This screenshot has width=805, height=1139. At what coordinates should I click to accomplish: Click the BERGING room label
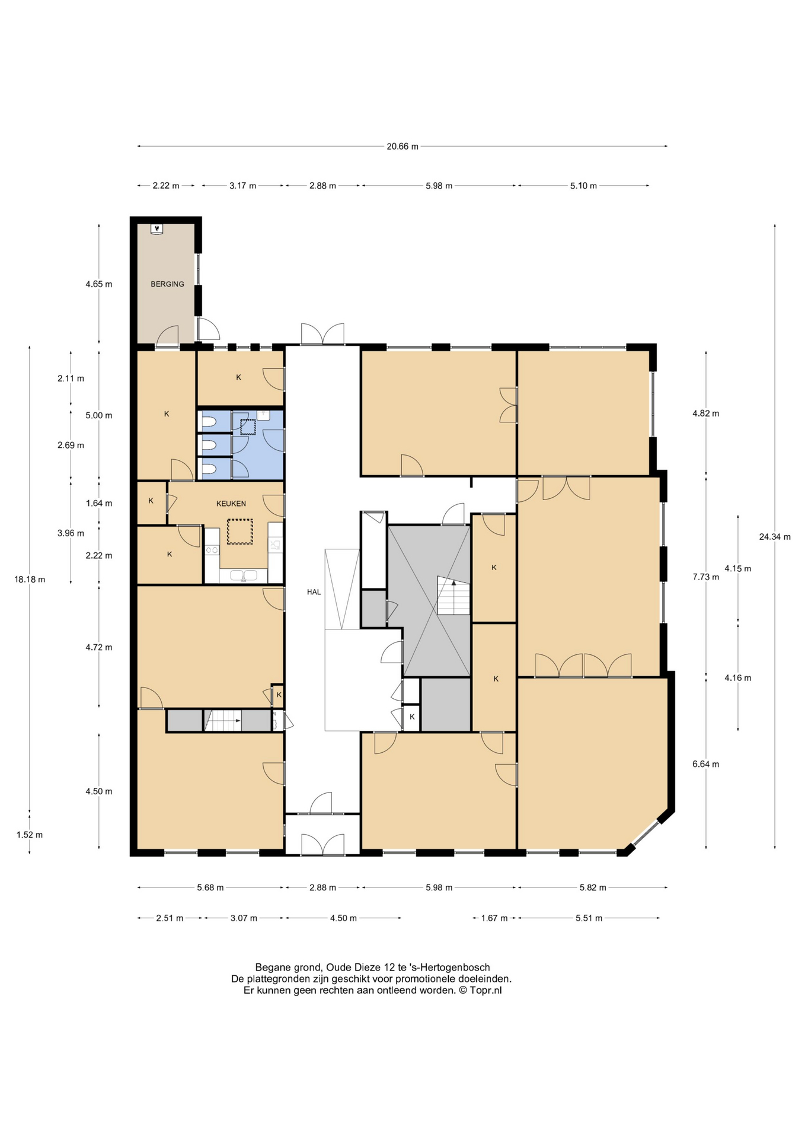pyautogui.click(x=167, y=284)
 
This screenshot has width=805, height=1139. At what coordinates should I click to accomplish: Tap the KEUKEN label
pyautogui.click(x=231, y=504)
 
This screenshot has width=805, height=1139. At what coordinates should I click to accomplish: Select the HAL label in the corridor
pyautogui.click(x=314, y=592)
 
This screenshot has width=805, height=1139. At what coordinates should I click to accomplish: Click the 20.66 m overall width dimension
pyautogui.click(x=402, y=147)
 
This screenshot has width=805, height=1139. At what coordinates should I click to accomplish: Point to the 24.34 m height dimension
pyautogui.click(x=775, y=537)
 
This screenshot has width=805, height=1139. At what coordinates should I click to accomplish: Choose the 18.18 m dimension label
pyautogui.click(x=30, y=580)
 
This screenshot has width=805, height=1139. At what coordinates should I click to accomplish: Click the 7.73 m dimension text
pyautogui.click(x=705, y=577)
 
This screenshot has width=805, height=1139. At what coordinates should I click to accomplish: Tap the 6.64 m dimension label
pyautogui.click(x=705, y=764)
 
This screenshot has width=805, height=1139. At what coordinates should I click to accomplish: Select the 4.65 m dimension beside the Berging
pyautogui.click(x=98, y=284)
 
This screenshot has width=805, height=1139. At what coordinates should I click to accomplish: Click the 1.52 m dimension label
pyautogui.click(x=30, y=835)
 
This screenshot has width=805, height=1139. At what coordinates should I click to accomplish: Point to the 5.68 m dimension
pyautogui.click(x=210, y=887)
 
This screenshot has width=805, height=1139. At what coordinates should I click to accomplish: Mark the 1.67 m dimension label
pyautogui.click(x=494, y=918)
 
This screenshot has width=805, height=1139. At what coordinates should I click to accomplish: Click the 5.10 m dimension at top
pyautogui.click(x=583, y=186)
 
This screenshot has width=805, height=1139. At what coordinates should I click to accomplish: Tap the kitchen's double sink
pyautogui.click(x=244, y=575)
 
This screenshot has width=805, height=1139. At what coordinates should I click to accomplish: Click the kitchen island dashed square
pyautogui.click(x=239, y=532)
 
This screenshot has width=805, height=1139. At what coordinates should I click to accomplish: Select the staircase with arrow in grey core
pyautogui.click(x=453, y=596)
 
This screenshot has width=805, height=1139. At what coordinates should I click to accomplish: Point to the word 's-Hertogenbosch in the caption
pyautogui.click(x=456, y=968)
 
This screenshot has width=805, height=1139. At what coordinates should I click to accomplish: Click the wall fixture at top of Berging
pyautogui.click(x=156, y=228)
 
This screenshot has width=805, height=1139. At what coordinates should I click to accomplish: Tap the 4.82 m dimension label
pyautogui.click(x=705, y=413)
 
